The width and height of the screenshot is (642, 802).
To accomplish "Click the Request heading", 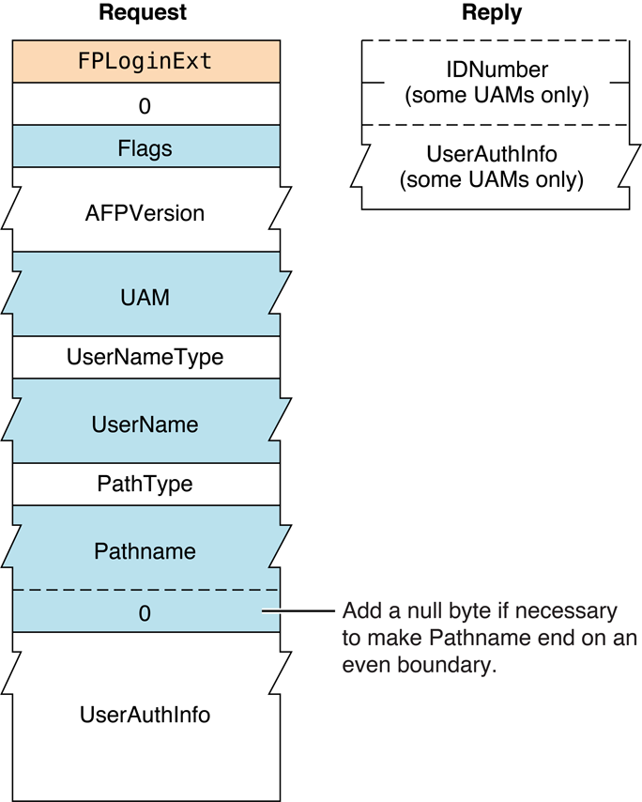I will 143,13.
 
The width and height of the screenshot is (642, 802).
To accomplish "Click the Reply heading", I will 492,13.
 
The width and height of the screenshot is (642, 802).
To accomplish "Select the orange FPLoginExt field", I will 145,62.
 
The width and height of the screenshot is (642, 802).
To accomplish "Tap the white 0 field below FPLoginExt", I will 145,105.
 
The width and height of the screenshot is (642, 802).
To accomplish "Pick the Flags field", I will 145,147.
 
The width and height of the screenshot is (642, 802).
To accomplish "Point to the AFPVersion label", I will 145,213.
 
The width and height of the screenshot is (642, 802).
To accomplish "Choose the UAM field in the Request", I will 145,297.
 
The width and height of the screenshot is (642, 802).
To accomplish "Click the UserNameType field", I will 145,358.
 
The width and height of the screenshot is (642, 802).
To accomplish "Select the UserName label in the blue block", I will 145,424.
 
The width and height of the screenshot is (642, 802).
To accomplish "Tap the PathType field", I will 145,485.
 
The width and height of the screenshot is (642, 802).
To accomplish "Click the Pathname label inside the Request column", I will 145,551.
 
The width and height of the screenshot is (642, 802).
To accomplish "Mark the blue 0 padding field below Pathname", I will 145,612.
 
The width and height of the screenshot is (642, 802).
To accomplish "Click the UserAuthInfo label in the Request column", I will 145,715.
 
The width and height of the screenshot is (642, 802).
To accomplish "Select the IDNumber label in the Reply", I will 495,70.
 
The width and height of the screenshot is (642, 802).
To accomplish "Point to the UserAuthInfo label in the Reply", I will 492,154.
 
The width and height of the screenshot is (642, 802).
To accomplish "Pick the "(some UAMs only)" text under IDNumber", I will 495,95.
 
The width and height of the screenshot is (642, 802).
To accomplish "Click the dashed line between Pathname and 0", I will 145,590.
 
